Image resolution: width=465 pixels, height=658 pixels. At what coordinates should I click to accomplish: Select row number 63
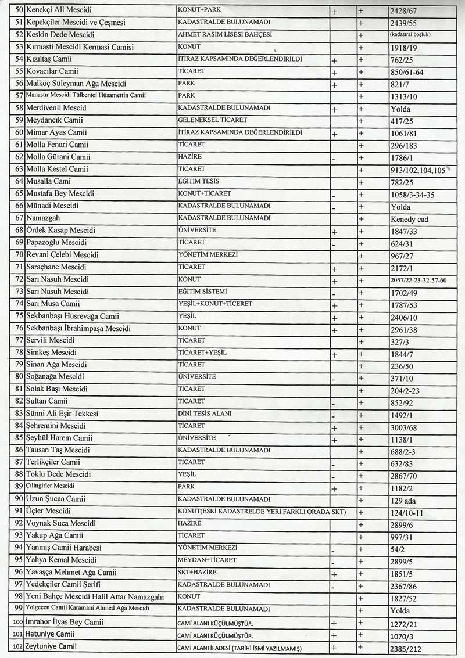(x=19, y=169)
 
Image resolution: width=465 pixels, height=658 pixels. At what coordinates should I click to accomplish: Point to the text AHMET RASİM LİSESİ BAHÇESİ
(x=224, y=34)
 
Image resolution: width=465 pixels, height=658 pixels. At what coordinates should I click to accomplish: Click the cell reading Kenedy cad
(x=410, y=220)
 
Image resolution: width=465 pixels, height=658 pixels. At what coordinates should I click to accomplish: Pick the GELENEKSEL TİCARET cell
(x=213, y=120)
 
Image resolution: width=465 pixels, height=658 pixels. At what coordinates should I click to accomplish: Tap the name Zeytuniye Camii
(x=52, y=646)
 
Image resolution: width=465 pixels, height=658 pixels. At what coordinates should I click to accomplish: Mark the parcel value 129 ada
(x=406, y=501)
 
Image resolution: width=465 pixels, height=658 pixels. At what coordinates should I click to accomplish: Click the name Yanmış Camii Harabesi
(x=63, y=548)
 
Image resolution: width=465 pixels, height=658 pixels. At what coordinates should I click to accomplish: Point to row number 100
(x=17, y=622)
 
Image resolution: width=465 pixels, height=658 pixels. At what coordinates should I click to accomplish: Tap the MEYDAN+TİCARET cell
(x=208, y=560)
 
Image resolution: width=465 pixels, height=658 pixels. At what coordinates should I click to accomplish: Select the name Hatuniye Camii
(x=50, y=634)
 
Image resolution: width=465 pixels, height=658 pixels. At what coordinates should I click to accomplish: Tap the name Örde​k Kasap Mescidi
(x=60, y=230)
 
